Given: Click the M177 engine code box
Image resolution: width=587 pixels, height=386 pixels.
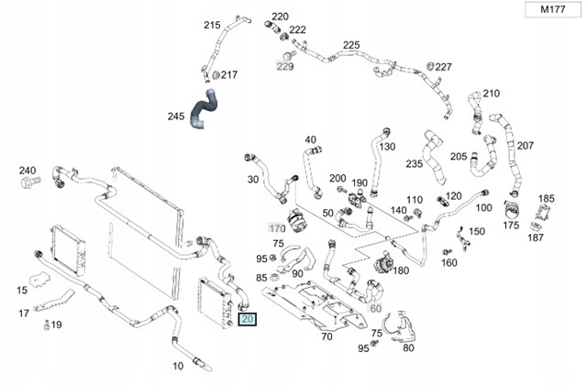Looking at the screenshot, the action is point(552,9).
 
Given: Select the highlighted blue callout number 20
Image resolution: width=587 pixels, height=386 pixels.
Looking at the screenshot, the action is point(248,319).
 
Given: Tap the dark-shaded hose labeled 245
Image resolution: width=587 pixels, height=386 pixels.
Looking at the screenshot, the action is point(204,109).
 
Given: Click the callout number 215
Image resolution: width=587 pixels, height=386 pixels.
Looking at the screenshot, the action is point(212,25).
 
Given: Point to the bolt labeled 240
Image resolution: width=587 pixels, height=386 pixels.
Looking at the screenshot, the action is point(30,182).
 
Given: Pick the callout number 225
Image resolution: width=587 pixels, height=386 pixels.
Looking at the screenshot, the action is point(351,45).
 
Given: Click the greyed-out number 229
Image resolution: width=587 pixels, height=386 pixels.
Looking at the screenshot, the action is point(285,66).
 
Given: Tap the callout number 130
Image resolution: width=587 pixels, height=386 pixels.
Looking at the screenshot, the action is point(387,147).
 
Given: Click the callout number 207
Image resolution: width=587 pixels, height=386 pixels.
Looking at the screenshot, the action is point(526,146).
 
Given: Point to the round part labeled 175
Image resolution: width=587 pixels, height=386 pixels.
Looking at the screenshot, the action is point(511,210).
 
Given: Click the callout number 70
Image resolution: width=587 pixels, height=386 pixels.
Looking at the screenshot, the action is point(327,336).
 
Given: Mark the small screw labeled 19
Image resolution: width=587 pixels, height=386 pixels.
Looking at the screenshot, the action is point(47,325).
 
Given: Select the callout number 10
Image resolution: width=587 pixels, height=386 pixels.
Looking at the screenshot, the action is point(178,366).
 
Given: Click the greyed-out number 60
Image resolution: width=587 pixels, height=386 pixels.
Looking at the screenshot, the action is point(375,308).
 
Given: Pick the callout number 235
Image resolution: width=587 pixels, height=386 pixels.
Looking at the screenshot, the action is point(415,163).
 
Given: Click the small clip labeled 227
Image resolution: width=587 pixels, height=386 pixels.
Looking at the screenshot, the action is point(430,67).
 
